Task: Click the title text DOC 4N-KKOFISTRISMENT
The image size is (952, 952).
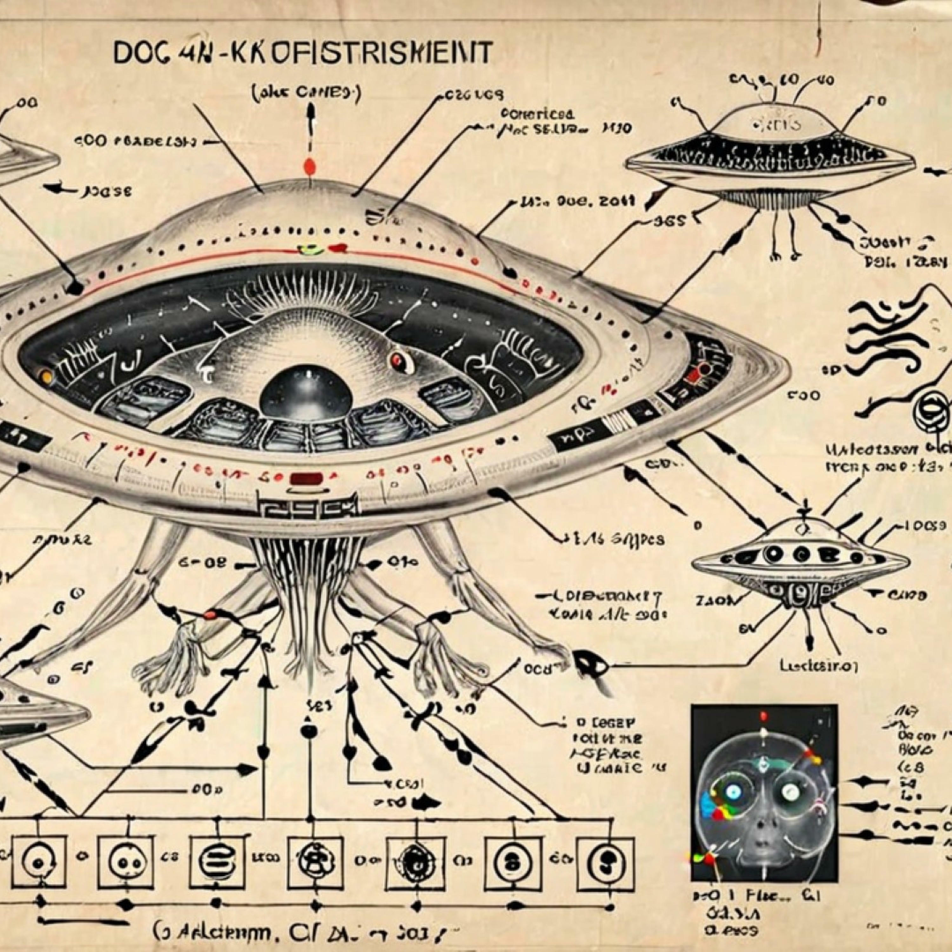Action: tap(302, 53)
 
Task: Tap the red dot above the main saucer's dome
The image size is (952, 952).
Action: tap(309, 166)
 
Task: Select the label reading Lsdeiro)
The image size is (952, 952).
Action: tap(818, 666)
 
